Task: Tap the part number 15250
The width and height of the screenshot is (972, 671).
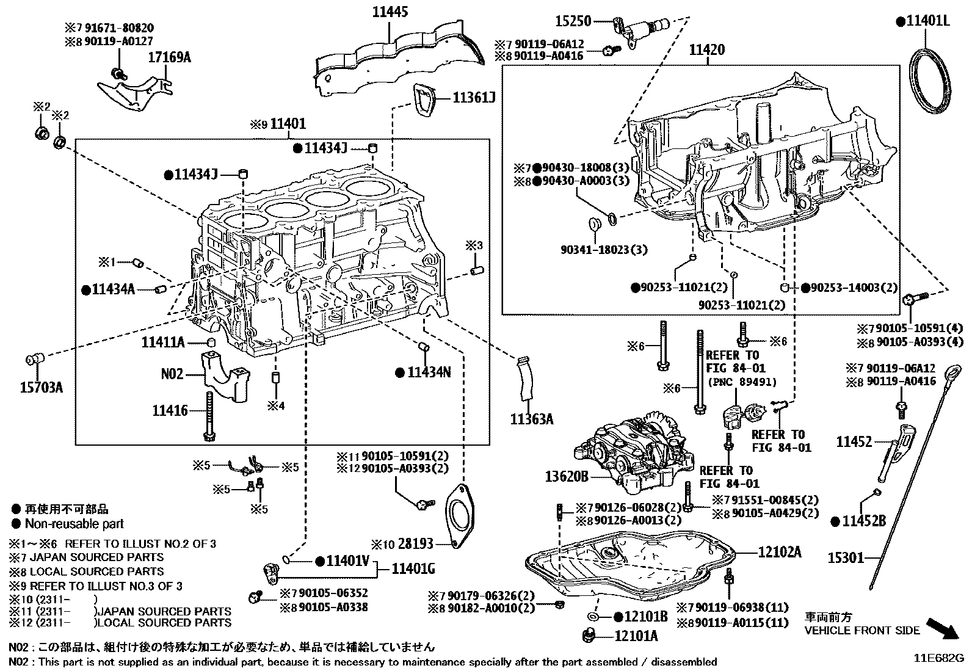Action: pos(573,22)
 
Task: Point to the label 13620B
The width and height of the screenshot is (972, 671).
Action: pos(567,476)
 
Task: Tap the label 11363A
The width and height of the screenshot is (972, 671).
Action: pos(532,419)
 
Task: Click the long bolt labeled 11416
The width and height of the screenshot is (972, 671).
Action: pos(209,415)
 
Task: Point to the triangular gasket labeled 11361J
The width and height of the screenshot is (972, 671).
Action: pos(424,100)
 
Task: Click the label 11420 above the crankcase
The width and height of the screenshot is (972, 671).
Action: pos(707,49)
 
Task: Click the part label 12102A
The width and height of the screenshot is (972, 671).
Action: pos(780,552)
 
